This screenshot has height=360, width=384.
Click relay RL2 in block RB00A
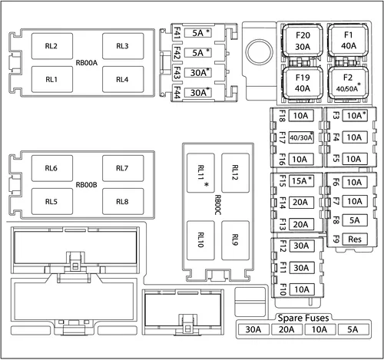[x=52, y=46]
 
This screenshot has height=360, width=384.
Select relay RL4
[x=123, y=79]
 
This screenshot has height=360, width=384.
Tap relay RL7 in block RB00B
[x=123, y=168]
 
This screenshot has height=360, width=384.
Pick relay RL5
[x=52, y=201]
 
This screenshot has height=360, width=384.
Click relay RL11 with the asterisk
[x=200, y=173]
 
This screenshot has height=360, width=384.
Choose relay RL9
[x=235, y=240]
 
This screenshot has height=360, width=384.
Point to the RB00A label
[x=87, y=63]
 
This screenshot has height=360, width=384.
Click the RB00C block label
[x=217, y=205]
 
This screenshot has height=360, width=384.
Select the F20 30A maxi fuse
[x=303, y=41]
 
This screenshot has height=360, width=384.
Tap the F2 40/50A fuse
[x=348, y=83]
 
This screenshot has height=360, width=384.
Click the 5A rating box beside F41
[x=198, y=33]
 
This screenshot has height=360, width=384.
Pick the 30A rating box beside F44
[x=198, y=92]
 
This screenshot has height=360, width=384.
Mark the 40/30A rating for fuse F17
[x=301, y=137]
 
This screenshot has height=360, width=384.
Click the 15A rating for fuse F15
[x=301, y=181]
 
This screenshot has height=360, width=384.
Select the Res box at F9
[x=355, y=239]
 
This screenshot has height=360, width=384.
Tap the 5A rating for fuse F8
[x=355, y=220]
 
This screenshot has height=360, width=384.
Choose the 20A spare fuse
[x=286, y=329]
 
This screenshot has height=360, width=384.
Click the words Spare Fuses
[x=303, y=318]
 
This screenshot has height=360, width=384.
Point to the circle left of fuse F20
[x=260, y=51]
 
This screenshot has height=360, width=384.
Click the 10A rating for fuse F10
[x=302, y=289]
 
